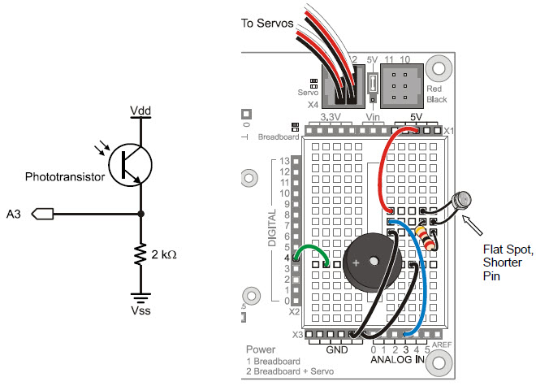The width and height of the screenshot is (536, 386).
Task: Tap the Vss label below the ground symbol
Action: tap(140, 310)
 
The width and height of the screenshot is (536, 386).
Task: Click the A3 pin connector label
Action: tap(14, 215)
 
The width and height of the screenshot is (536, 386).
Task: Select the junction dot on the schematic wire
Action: tap(140, 215)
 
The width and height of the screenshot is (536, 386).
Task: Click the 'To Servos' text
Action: tap(267, 24)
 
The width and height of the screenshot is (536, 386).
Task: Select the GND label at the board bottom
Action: tap(335, 351)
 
